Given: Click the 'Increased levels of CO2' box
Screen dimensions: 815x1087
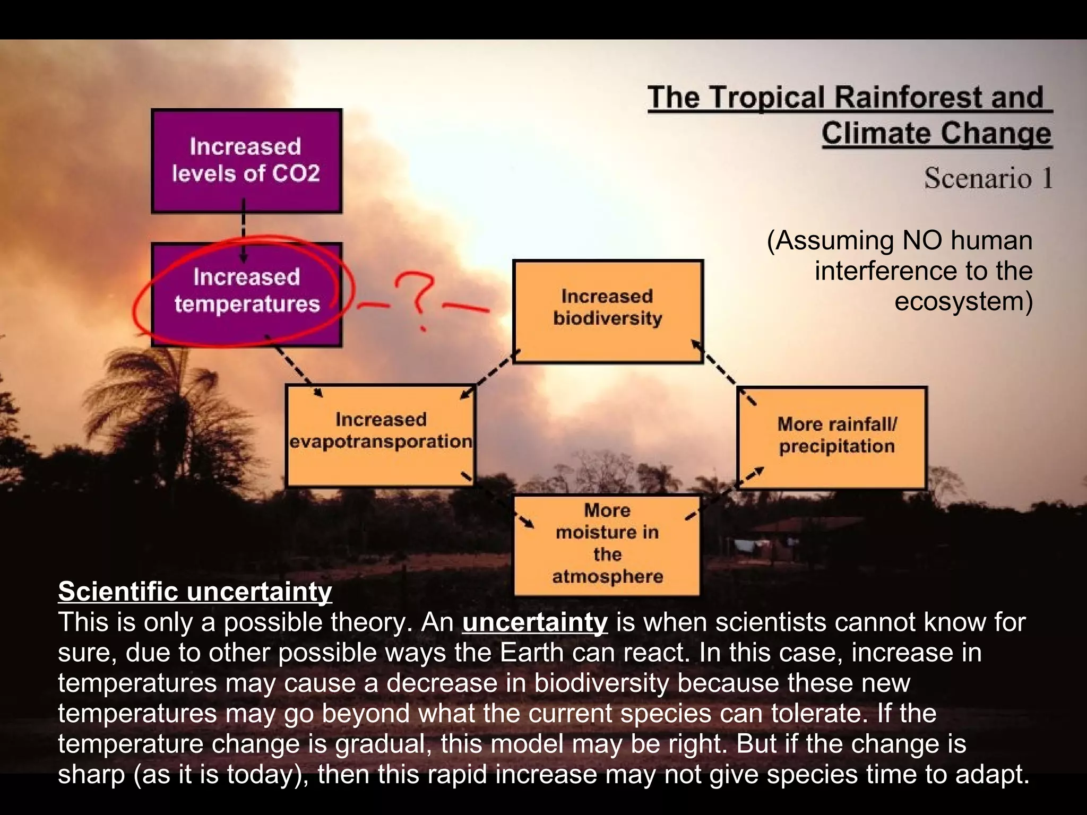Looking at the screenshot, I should click(246, 161).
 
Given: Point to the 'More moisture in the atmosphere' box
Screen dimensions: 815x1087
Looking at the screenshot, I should click(607, 544).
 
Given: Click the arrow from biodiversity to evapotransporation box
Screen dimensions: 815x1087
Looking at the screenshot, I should click(489, 374).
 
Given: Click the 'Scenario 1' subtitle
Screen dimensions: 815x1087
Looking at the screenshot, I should click(988, 178).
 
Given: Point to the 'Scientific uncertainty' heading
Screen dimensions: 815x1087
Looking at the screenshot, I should click(195, 592).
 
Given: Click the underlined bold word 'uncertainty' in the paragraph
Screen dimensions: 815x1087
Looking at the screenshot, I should click(534, 622).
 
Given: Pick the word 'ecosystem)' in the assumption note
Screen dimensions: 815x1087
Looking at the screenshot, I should click(964, 301).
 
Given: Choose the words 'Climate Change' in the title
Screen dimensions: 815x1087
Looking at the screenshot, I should click(936, 133).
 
